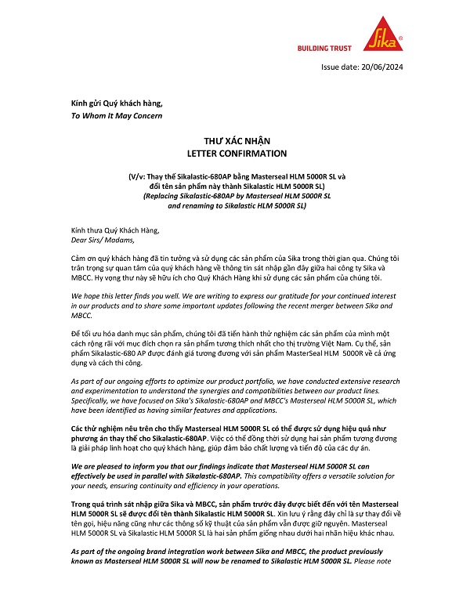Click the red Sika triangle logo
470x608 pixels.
click(383, 32)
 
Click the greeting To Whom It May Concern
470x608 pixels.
click(117, 115)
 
